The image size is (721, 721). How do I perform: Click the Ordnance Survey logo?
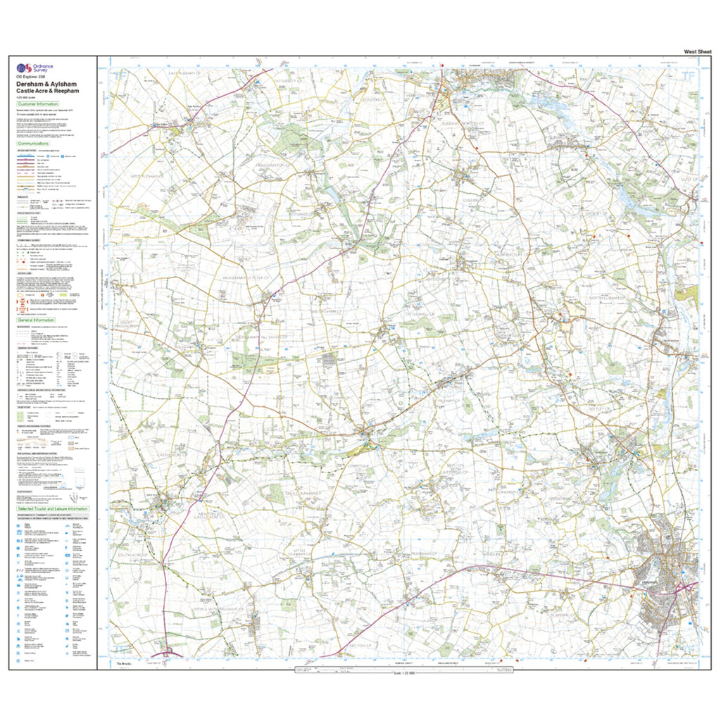coord(25,69)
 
